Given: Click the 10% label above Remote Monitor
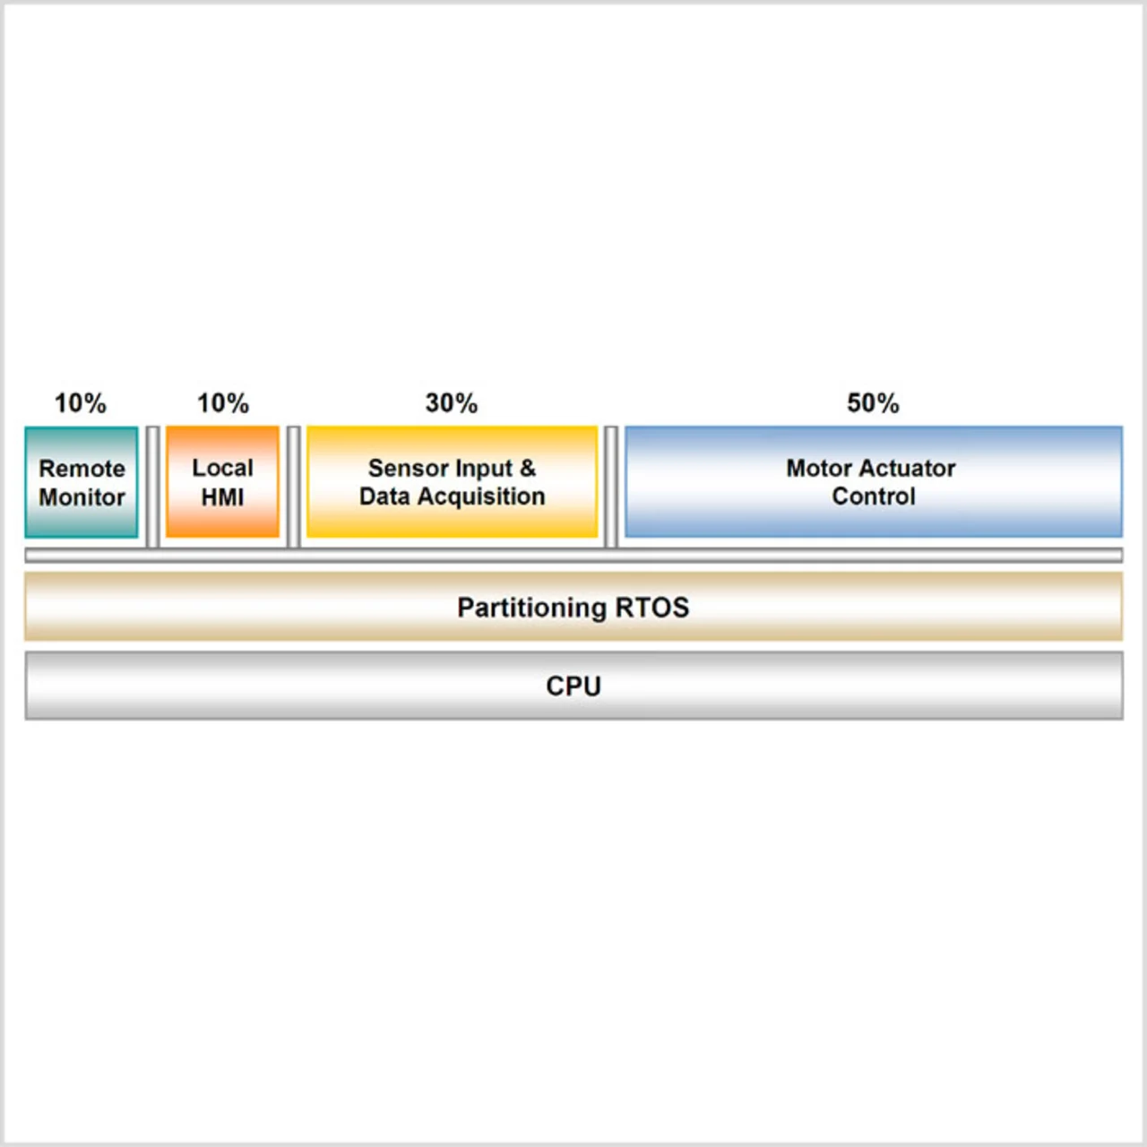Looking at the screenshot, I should point(81,403).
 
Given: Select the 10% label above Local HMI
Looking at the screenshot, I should point(223,403).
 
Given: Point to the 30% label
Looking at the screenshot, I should point(452,403).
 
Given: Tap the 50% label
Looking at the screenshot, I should point(873,403).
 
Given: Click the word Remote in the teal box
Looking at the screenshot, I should point(82,469).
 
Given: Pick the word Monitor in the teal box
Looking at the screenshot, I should point(82,497).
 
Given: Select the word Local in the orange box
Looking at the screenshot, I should point(222,468).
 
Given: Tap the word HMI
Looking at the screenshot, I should point(222,496).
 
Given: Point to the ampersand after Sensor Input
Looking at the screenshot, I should point(528,468).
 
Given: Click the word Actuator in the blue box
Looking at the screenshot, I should point(907,468).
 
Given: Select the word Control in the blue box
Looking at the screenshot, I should point(874,496).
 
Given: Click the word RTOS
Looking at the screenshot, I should point(652,608).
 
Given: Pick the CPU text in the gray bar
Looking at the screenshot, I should point(573,686).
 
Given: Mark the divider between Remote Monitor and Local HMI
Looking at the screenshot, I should point(152,486).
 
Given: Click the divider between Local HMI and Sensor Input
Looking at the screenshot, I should point(293,486).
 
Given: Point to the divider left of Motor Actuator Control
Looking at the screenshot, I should point(611,486).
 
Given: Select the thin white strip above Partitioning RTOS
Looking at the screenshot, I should point(573,556).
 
